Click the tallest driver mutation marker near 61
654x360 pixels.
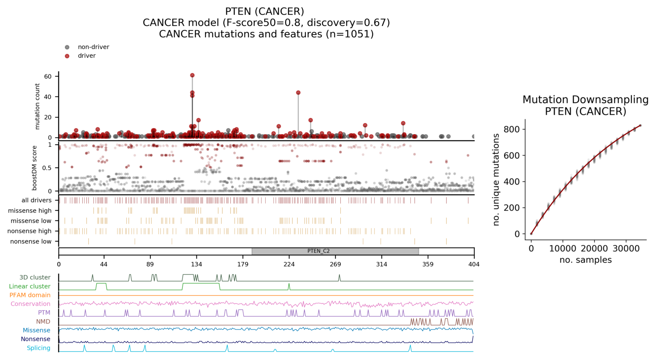pos(192,75)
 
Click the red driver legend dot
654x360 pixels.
pos(67,56)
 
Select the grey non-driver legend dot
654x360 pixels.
pos(67,47)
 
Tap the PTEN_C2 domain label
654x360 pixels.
pos(318,251)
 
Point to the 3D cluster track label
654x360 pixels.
pos(35,278)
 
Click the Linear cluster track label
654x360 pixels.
pos(30,286)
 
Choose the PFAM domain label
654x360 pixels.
pos(30,295)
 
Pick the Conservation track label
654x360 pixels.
pos(31,304)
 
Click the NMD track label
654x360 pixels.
pos(43,321)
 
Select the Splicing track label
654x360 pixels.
pos(39,348)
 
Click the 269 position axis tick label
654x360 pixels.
pos(335,265)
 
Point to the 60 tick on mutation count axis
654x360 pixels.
pos(48,76)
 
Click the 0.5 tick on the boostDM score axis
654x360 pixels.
pos(47,168)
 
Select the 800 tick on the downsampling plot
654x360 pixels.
pos(512,129)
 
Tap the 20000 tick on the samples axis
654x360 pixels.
pos(594,249)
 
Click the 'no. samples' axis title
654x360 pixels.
pos(586,260)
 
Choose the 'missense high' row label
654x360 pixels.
pos(30,211)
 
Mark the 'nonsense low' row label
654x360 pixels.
pos(31,241)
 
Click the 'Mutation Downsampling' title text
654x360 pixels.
pos(586,100)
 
